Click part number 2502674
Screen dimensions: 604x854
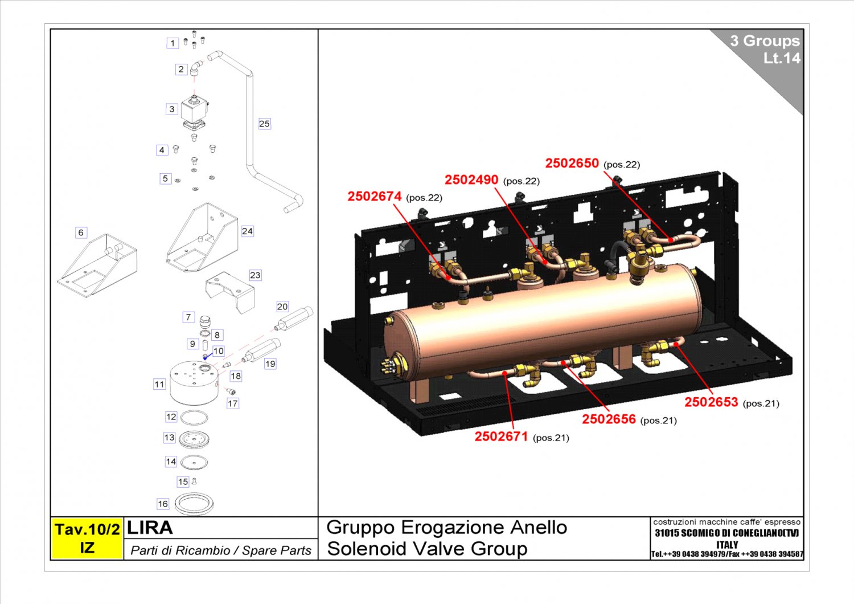[375, 197]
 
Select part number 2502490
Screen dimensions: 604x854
[471, 180]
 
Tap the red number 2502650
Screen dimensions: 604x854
[572, 164]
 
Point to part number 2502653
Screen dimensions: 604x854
[711, 402]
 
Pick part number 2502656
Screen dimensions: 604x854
[609, 419]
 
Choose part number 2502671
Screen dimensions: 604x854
[501, 436]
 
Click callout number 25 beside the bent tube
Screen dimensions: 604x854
[264, 124]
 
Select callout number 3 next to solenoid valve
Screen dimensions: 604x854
[172, 109]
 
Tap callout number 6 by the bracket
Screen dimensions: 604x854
[81, 232]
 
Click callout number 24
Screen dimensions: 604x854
[247, 231]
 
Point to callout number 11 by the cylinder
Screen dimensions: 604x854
[159, 385]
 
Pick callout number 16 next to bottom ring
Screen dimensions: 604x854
[163, 504]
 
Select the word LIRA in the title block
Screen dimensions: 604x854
[150, 528]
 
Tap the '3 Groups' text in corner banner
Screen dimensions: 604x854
[765, 41]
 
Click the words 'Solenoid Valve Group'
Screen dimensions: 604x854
[427, 549]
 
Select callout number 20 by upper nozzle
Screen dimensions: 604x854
[282, 307]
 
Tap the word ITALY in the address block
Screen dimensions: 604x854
[726, 544]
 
